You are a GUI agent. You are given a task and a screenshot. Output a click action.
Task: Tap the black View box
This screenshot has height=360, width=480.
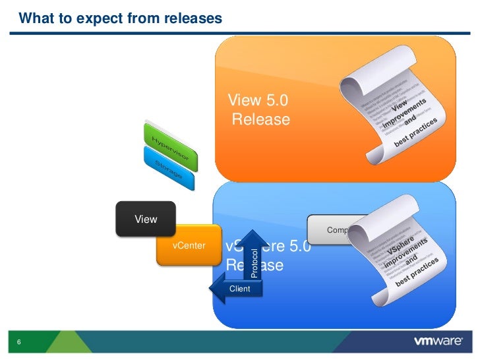click(x=146, y=219)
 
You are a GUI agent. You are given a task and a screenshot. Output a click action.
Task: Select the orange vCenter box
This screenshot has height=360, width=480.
click(x=189, y=246)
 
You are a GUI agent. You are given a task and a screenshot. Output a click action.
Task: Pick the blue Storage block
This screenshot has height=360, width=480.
click(x=169, y=167)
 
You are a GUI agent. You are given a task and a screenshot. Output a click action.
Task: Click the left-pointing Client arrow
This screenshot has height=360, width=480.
click(x=235, y=289)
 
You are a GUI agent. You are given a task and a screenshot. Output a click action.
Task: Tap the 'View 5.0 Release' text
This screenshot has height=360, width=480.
click(x=258, y=110)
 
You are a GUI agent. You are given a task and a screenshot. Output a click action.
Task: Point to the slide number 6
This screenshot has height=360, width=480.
click(x=19, y=342)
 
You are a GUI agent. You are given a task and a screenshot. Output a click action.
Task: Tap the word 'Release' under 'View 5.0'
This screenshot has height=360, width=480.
click(x=261, y=119)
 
